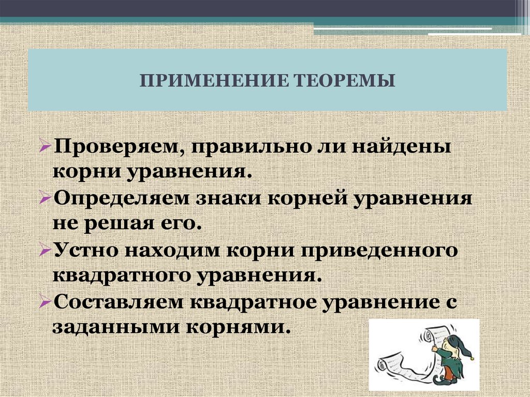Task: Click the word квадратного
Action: point(120,275)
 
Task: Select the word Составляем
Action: point(117,301)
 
